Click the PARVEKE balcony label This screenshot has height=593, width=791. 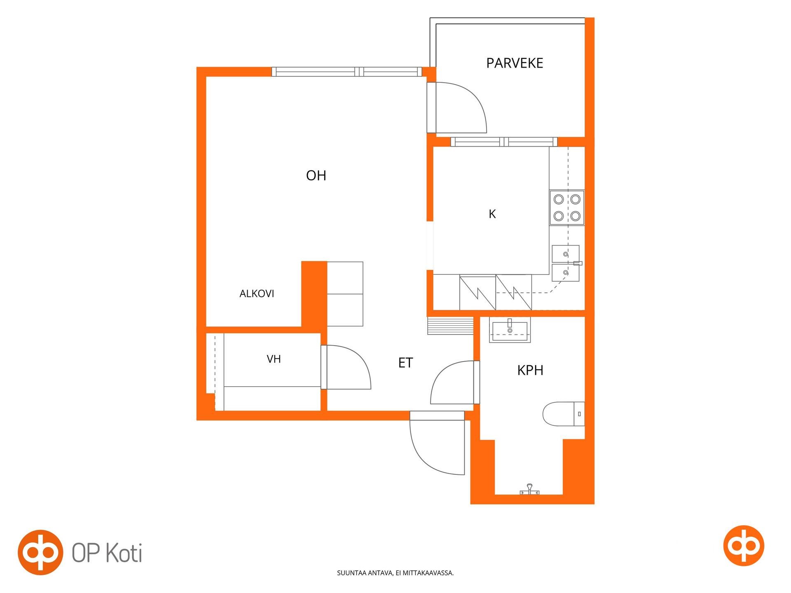pyautogui.click(x=515, y=63)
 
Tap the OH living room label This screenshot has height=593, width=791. pyautogui.click(x=316, y=176)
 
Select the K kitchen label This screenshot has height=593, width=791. pyautogui.click(x=492, y=214)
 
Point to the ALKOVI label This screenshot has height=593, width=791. pyautogui.click(x=257, y=294)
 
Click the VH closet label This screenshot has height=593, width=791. pyautogui.click(x=274, y=359)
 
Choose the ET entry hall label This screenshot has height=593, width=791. pyautogui.click(x=405, y=363)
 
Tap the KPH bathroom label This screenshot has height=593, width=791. pyautogui.click(x=530, y=370)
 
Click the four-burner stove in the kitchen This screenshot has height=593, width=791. pyautogui.click(x=567, y=208)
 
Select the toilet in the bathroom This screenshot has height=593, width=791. pyautogui.click(x=564, y=414)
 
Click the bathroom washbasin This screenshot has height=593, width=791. pyautogui.click(x=510, y=329)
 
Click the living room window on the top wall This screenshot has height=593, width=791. pyautogui.click(x=347, y=72)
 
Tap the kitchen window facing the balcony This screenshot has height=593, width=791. pyautogui.click(x=504, y=142)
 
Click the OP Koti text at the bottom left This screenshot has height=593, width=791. pyautogui.click(x=107, y=553)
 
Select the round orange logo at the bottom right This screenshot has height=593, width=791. pyautogui.click(x=744, y=546)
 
